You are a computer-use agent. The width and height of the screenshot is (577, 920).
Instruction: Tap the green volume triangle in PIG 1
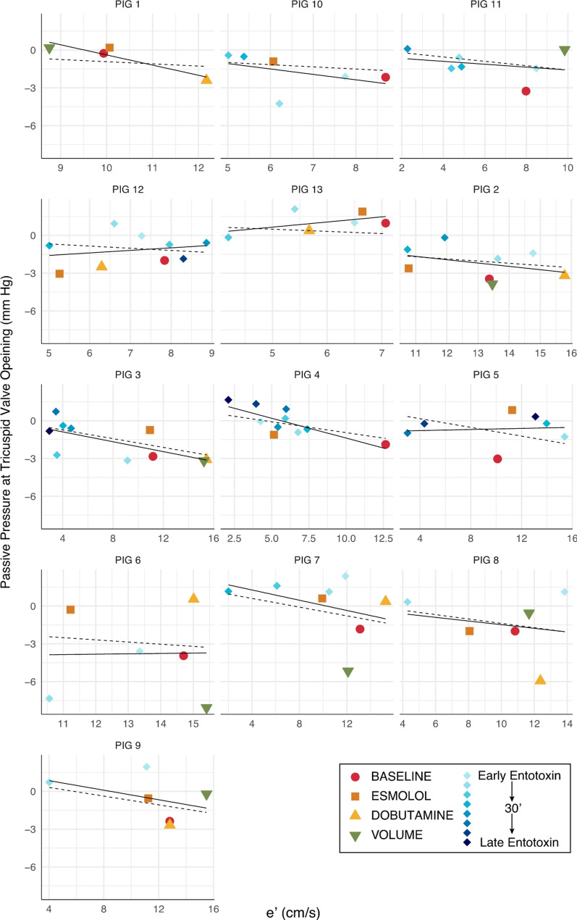pos(49,49)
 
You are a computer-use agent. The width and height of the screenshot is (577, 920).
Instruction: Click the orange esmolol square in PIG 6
pos(70,610)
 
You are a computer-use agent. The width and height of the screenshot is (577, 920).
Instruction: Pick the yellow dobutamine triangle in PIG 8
pos(540,679)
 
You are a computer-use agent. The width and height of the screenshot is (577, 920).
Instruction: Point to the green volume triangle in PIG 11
pos(565,51)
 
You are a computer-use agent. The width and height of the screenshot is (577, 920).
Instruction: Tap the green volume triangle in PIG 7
pos(348,672)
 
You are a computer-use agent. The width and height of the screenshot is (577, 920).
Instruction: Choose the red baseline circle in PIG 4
pos(385,444)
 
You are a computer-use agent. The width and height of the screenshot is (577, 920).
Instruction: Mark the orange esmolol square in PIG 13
pos(362,212)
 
